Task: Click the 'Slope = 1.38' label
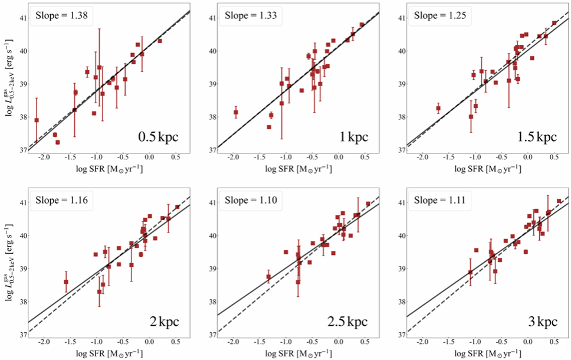(61, 15)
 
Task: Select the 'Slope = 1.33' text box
(251, 15)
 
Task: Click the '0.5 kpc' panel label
(157, 137)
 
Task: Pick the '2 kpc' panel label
(162, 322)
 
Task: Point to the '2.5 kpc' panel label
(347, 322)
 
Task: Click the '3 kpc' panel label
(540, 322)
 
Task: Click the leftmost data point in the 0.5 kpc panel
(37, 120)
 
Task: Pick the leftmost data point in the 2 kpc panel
(66, 282)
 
